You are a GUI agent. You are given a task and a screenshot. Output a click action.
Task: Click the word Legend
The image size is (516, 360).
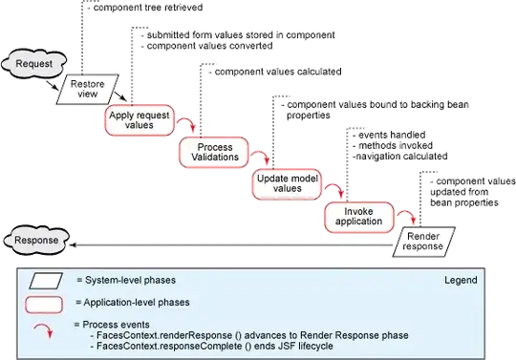(x=460, y=282)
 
